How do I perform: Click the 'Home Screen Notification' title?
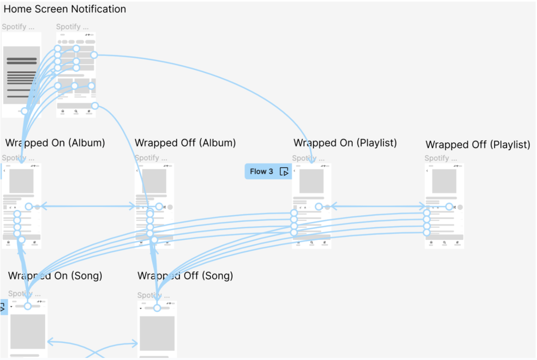click(65, 9)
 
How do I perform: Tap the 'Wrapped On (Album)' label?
click(55, 143)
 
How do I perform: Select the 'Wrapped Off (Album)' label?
click(185, 143)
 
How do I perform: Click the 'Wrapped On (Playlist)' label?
click(345, 143)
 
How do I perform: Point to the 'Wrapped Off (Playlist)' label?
click(478, 144)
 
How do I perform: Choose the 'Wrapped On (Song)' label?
click(55, 276)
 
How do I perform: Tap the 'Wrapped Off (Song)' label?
click(185, 276)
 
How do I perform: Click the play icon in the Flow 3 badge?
click(284, 172)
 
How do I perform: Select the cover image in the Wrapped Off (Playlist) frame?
click(444, 181)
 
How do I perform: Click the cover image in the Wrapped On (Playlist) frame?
click(312, 181)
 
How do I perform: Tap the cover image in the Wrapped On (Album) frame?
click(22, 181)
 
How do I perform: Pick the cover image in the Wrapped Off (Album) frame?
click(154, 181)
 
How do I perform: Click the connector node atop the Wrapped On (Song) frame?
click(27, 305)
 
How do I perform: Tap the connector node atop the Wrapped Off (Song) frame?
click(156, 308)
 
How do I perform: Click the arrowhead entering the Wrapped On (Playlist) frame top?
click(312, 161)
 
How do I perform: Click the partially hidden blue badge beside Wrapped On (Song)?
click(3, 308)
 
